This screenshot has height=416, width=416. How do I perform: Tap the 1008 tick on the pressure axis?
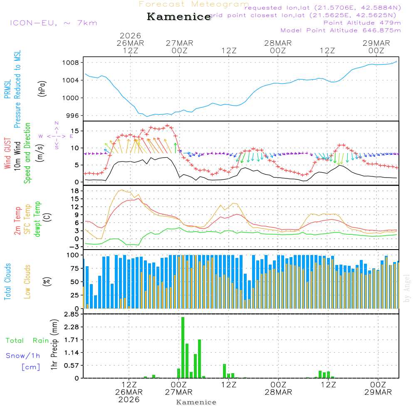point(74,63)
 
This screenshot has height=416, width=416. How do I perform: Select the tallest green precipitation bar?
point(183,347)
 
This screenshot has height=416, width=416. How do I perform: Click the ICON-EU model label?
point(53,23)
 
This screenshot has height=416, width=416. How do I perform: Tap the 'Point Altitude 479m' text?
point(362,23)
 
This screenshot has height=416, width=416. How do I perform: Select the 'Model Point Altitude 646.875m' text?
point(341,30)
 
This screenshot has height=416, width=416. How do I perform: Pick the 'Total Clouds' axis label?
point(7,281)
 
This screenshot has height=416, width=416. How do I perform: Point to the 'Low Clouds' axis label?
point(27,281)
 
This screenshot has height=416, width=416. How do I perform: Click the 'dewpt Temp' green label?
point(37,219)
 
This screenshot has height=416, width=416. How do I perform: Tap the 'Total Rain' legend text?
point(27,340)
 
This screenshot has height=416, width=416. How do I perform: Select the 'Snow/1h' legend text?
point(23,356)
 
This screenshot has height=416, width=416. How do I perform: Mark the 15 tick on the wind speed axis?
point(76,131)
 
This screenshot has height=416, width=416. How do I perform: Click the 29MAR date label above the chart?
point(376,43)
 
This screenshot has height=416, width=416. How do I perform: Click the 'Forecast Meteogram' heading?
point(194,4)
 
